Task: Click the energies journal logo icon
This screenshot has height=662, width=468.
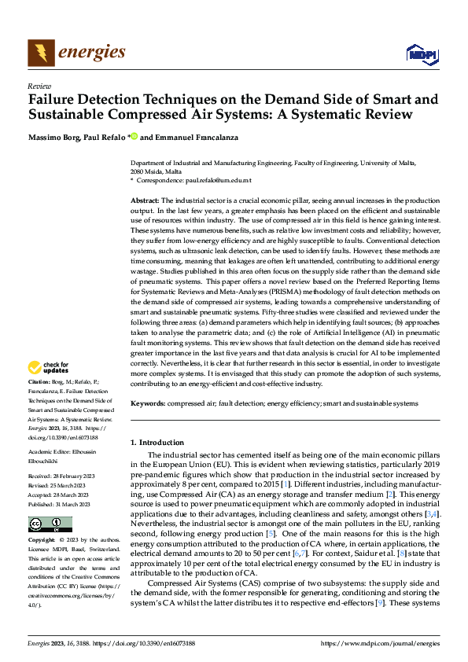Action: pos(41,53)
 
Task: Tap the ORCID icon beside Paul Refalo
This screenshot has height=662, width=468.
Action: pos(135,138)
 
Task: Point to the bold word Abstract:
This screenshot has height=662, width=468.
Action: pos(145,201)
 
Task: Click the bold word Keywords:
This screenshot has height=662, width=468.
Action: pos(147,403)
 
